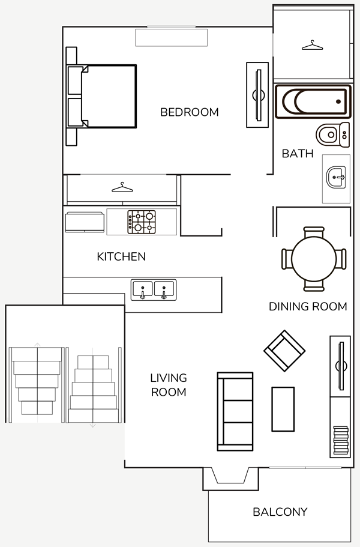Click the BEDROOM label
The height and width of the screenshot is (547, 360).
(x=189, y=112)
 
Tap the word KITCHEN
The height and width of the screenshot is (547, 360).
(x=121, y=256)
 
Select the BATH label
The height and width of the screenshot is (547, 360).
(x=297, y=154)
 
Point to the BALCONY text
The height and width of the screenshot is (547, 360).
(x=280, y=512)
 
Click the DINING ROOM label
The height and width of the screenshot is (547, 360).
(x=308, y=306)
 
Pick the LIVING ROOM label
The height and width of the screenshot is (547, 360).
(x=169, y=385)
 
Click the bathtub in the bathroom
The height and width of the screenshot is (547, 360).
(x=313, y=101)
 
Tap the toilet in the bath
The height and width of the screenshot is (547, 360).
(x=332, y=134)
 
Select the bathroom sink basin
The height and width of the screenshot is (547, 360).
(x=336, y=177)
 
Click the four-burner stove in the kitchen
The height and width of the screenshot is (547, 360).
(x=142, y=222)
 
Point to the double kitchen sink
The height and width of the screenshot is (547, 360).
(x=154, y=290)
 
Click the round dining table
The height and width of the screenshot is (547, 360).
(x=314, y=259)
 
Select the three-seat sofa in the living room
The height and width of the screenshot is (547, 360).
(x=235, y=411)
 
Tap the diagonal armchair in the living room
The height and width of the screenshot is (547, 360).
(x=284, y=351)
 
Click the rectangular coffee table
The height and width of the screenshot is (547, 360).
(x=283, y=409)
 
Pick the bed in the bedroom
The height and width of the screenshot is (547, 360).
(x=101, y=96)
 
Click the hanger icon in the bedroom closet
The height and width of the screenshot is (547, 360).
(x=122, y=187)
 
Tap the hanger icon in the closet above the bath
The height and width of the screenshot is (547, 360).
(x=312, y=46)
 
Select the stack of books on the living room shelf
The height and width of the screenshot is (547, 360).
(x=341, y=440)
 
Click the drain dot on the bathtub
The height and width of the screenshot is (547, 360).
(x=338, y=101)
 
